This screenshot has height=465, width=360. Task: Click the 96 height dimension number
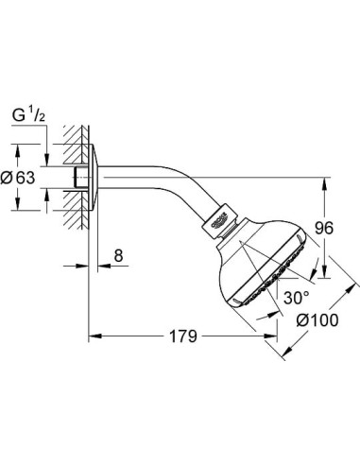(x=325, y=227)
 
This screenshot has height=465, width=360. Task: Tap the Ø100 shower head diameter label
(x=316, y=320)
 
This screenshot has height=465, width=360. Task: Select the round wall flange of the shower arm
(x=92, y=177)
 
